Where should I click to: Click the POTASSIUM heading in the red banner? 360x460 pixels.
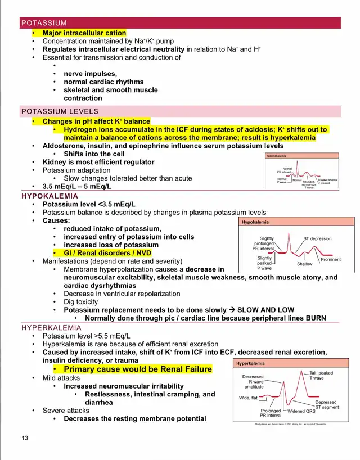coord(44,23)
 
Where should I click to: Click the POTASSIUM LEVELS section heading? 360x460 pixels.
coord(60,111)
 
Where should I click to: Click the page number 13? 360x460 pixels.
coord(25,438)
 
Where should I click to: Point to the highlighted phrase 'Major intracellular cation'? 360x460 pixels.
coord(84,33)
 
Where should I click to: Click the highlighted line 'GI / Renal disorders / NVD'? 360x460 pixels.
coord(107,253)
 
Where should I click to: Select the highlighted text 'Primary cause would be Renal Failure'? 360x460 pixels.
coord(138,369)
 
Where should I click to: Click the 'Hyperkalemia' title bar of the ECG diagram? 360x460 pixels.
coord(251,363)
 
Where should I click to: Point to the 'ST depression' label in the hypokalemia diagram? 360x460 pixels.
coord(317,238)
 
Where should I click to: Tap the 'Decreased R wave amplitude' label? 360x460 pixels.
coord(253,382)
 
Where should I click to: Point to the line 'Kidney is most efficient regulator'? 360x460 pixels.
coord(98,162)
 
